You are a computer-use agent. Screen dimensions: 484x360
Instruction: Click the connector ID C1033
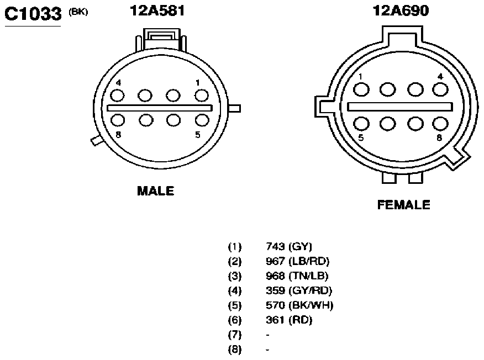coord(33,14)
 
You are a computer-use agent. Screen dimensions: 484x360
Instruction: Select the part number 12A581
coord(157,10)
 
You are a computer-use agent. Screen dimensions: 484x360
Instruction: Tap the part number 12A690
coord(401,10)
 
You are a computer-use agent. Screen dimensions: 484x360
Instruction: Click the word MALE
coord(156,191)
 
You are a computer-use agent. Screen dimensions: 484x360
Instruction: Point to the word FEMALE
coord(404,205)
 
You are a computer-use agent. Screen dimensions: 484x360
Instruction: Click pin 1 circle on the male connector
coord(202,96)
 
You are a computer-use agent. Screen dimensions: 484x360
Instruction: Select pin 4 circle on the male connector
coord(117,96)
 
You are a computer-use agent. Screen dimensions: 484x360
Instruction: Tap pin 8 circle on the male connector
coord(118,120)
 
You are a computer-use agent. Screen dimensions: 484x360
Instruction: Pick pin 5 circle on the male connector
coord(202,120)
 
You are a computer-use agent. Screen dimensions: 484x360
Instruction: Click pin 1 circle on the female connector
coord(361,90)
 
